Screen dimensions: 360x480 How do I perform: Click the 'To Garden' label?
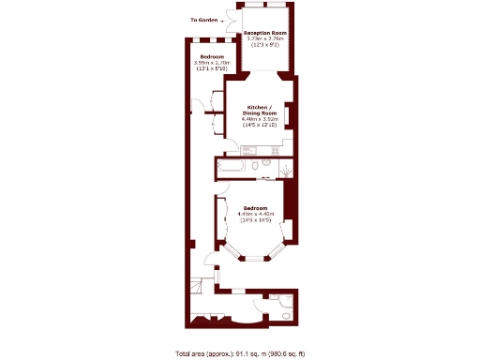point(205,20)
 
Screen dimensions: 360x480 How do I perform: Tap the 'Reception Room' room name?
point(265,33)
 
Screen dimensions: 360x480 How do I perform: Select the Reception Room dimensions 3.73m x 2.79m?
point(265,38)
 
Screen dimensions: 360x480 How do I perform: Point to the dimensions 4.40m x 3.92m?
point(260,119)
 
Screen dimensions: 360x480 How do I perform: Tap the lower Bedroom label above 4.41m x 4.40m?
point(255,207)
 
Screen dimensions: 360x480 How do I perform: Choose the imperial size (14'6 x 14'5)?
point(255,219)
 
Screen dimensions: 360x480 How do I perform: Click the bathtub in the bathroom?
point(233,166)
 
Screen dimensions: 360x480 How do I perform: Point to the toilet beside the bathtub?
point(267,166)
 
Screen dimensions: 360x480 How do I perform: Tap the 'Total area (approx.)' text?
point(204,353)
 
